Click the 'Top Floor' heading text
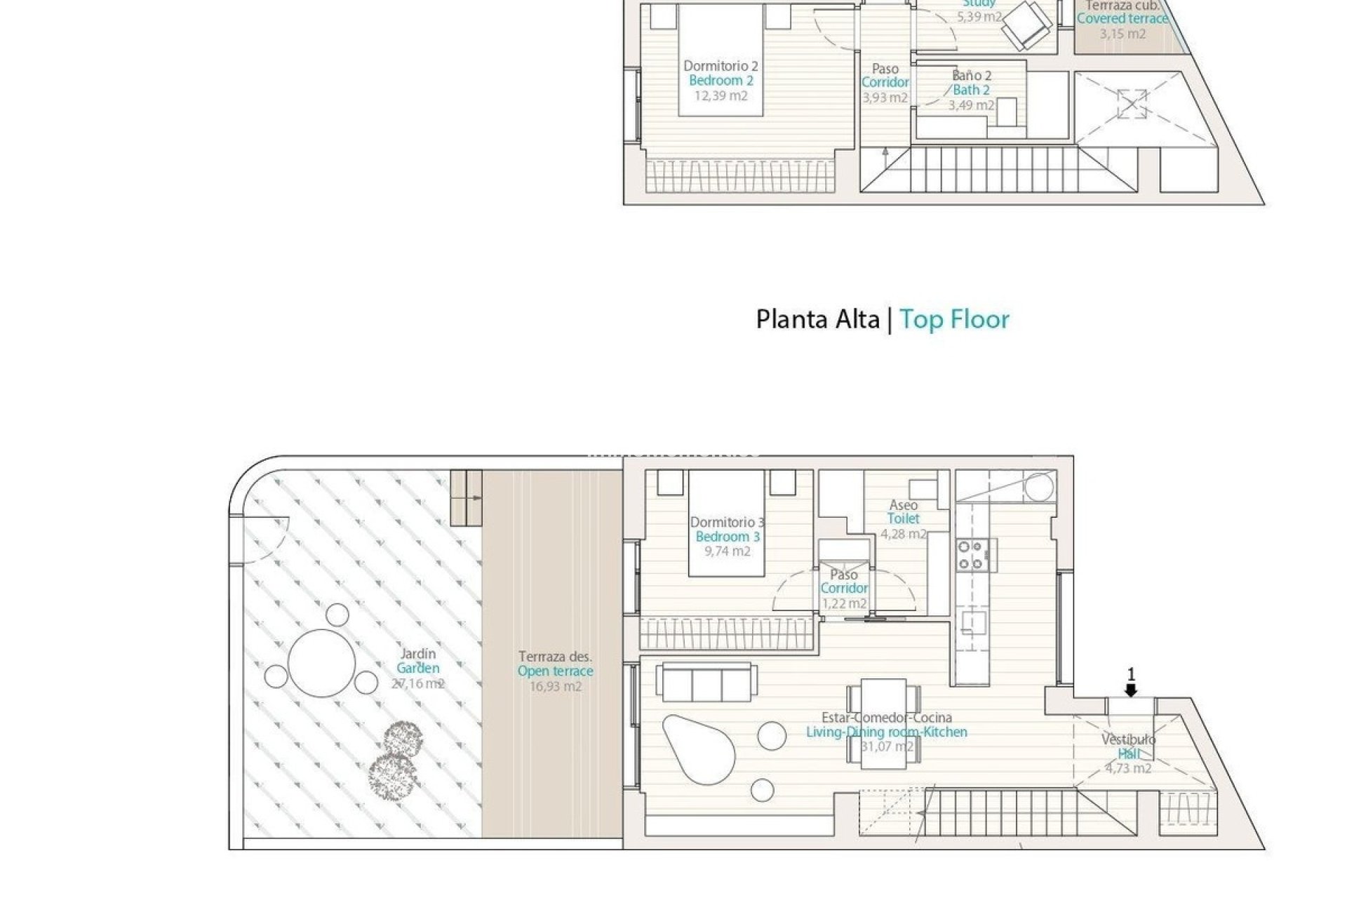pyautogui.click(x=954, y=319)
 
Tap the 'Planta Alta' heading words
pyautogui.click(x=817, y=319)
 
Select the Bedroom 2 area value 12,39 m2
pyautogui.click(x=721, y=95)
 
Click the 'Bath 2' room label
pyautogui.click(x=971, y=90)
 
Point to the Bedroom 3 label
pyautogui.click(x=727, y=537)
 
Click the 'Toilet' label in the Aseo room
pyautogui.click(x=903, y=518)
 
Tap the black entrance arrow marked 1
pyautogui.click(x=1130, y=690)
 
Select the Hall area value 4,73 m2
pyautogui.click(x=1128, y=768)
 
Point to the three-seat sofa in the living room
pyautogui.click(x=706, y=681)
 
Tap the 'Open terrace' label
pyautogui.click(x=555, y=671)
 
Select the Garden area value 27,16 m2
pyautogui.click(x=418, y=683)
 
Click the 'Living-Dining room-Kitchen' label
pyautogui.click(x=886, y=732)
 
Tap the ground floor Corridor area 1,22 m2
pyautogui.click(x=843, y=603)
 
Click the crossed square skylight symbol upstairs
pyautogui.click(x=1132, y=104)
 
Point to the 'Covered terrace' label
pyautogui.click(x=1122, y=19)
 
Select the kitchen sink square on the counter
pyautogui.click(x=972, y=622)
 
